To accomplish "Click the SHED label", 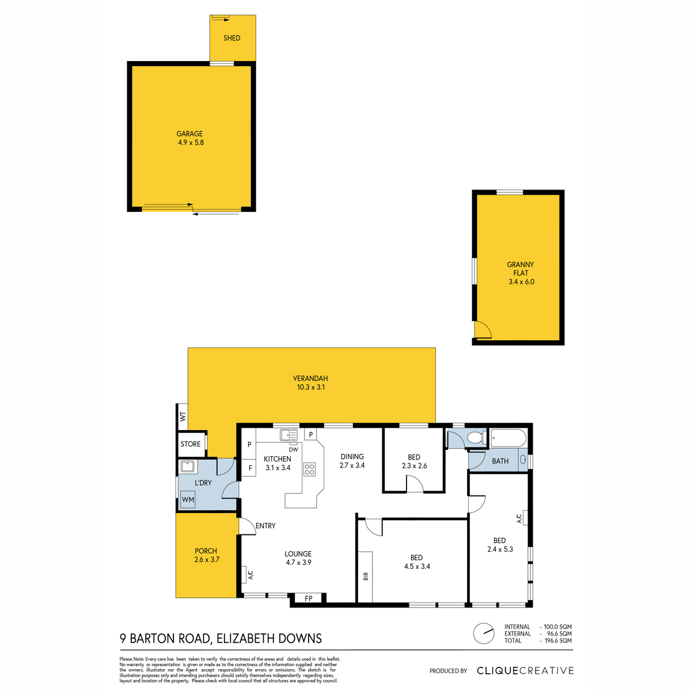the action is click(231, 38).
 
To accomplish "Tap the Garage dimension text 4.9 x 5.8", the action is click(191, 142).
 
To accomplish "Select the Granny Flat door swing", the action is click(483, 329).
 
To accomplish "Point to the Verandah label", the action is click(310, 378).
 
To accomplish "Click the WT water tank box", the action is click(183, 417).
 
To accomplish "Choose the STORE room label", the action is click(191, 444).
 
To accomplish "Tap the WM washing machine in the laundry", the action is click(188, 499).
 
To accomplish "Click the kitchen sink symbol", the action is click(288, 435).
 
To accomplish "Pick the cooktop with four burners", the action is click(309, 469).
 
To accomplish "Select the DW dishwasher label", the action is click(293, 450).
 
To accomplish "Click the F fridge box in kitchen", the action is click(249, 468).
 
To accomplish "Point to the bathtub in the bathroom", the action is click(508, 438).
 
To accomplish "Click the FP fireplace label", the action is click(309, 598).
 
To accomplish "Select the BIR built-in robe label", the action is click(366, 576).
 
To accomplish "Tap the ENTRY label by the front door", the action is click(265, 526).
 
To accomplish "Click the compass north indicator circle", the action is click(484, 633).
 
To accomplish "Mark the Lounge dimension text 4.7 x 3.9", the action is click(298, 562).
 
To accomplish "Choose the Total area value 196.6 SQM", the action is click(557, 640).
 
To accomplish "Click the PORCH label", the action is click(206, 551).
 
